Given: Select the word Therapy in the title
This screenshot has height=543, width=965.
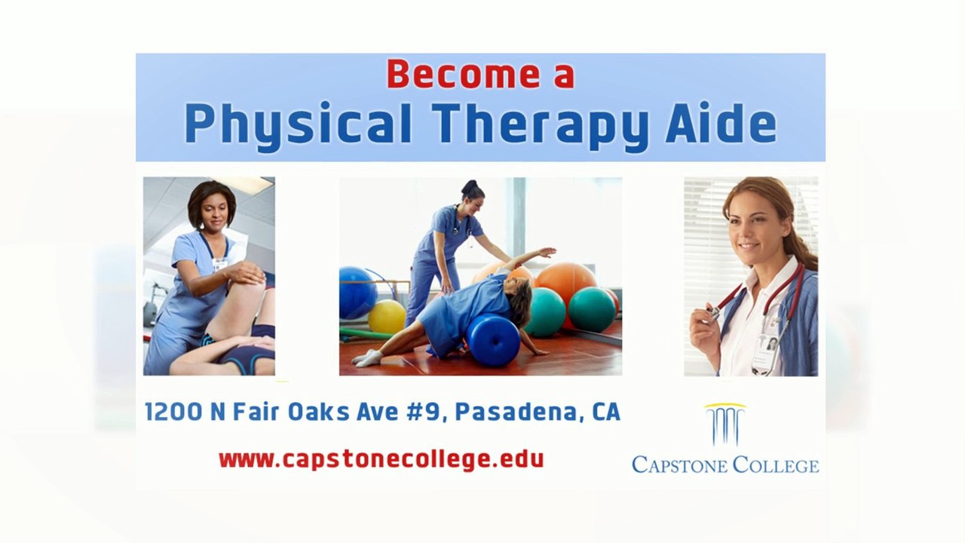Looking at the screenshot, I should point(541,124).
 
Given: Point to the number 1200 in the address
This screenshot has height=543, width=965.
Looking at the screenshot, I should point(173,412).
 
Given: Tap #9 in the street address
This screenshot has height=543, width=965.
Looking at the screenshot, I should point(430,412).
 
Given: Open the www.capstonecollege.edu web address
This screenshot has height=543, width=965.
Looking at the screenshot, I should point(381,459).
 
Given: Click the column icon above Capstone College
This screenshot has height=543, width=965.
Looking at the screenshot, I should point(725,425).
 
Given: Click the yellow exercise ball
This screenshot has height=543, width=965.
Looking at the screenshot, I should point(387,316).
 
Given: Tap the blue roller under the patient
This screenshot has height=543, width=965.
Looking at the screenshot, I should point(492,339).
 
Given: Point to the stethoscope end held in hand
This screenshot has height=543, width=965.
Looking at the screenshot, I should point(712,311).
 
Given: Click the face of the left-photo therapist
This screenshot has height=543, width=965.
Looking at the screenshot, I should point(213,213).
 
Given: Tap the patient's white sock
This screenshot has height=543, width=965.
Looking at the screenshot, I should point(368,357).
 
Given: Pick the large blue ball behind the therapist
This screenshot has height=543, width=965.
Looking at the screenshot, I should point(357,293).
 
